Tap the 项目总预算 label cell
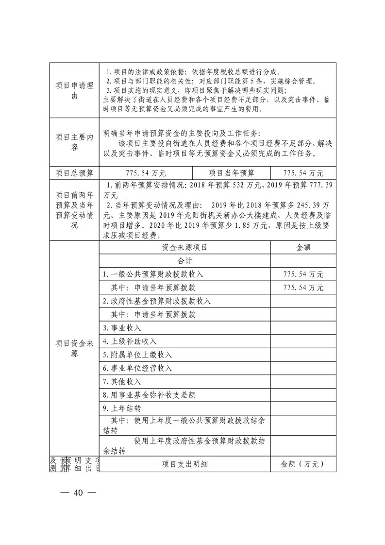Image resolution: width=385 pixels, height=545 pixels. (74, 173)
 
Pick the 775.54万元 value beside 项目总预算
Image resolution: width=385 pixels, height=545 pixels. (146, 173)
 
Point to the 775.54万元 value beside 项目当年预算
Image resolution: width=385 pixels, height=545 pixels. (303, 173)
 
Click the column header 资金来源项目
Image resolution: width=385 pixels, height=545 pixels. (184, 247)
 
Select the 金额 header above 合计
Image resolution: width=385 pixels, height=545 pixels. (303, 247)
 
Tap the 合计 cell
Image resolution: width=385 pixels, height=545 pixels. (184, 261)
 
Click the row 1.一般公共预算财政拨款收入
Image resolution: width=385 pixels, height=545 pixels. (153, 274)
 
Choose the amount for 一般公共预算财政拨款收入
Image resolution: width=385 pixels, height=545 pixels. (303, 274)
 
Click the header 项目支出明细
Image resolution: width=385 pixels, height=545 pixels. (184, 464)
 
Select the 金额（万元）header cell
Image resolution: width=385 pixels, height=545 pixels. (303, 464)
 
